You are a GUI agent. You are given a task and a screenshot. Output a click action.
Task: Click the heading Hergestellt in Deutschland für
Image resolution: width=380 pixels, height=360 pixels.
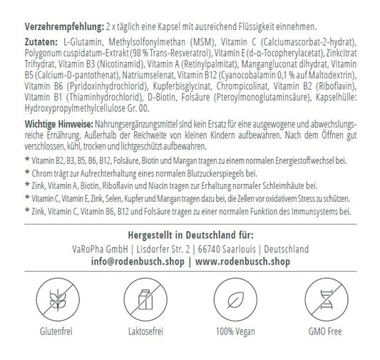(x=189, y=235)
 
